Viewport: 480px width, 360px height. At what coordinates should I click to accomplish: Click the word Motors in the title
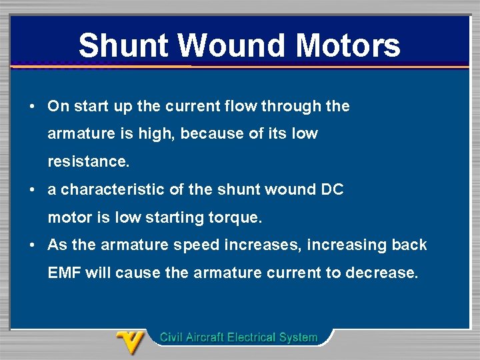tap(347, 45)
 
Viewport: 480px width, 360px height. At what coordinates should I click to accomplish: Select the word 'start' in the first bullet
tap(91, 106)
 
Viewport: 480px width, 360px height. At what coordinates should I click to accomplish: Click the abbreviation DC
tap(332, 189)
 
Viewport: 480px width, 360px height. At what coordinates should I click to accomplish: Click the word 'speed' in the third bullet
tap(196, 245)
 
